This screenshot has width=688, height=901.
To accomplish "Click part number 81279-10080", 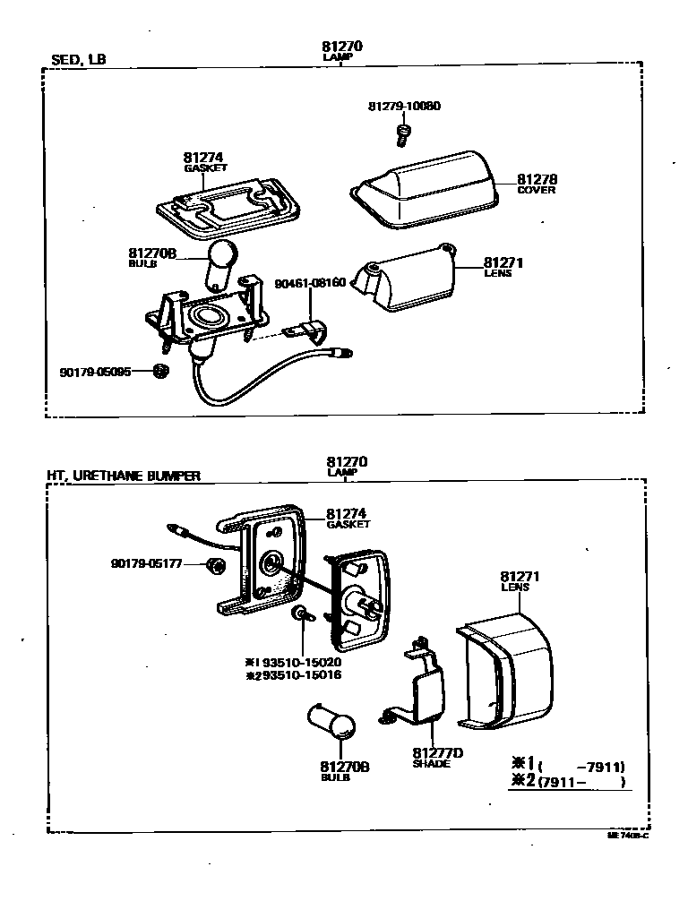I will [403, 107].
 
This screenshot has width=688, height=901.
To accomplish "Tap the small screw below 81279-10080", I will [403, 135].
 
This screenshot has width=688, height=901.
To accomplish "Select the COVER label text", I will [536, 190].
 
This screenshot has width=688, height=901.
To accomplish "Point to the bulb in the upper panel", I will [220, 261].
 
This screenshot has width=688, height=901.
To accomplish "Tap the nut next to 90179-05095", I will [161, 371].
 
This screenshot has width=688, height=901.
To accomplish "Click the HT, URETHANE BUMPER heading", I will [124, 476].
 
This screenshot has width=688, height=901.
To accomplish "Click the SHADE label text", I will [431, 764].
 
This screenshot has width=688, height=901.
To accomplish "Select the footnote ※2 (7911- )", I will [567, 782].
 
